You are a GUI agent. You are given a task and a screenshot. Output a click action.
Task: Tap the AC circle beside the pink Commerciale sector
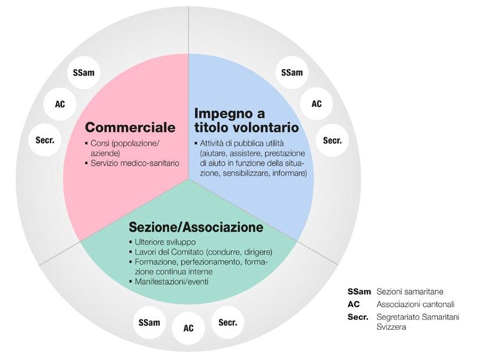point(59,104)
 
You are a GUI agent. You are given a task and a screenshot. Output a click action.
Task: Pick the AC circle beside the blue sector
point(316,104)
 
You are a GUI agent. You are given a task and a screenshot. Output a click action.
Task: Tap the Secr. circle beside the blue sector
point(332,140)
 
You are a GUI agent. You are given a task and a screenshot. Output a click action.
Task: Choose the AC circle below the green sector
point(188,328)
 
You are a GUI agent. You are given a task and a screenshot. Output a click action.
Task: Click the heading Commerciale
point(130,127)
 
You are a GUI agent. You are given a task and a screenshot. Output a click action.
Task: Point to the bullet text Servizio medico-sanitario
point(135,163)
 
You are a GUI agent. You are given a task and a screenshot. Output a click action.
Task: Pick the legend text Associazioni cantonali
point(415,304)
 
